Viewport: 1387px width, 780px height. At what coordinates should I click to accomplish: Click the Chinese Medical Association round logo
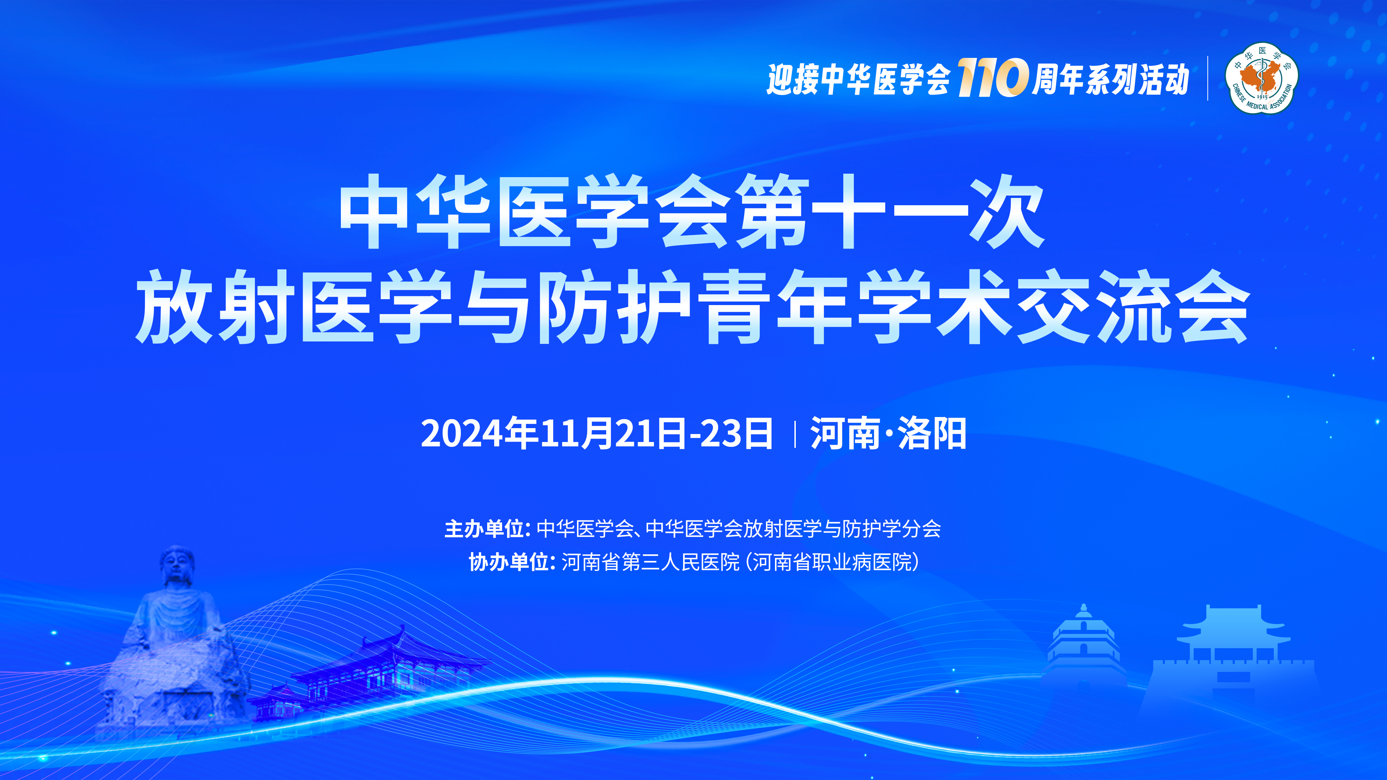tap(1261, 78)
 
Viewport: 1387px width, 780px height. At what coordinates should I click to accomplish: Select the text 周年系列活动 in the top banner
tap(1109, 79)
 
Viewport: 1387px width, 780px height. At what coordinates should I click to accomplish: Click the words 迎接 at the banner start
tap(794, 79)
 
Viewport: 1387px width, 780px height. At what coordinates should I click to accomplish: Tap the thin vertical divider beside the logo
tap(1208, 78)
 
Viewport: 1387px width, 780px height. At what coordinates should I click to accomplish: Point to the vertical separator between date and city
tap(795, 434)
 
